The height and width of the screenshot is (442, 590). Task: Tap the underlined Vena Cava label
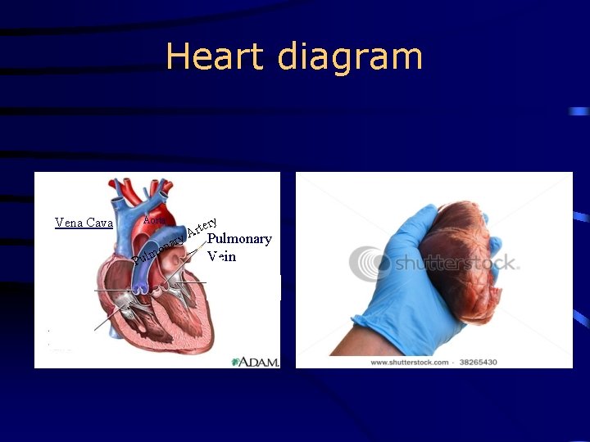pos(84,223)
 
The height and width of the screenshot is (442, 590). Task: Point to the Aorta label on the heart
pos(154,219)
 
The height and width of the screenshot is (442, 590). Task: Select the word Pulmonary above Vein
pos(239,239)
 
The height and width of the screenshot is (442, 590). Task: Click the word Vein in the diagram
pos(222,256)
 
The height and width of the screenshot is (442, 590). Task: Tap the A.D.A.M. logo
pos(256,361)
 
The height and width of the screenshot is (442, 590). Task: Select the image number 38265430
pos(478,362)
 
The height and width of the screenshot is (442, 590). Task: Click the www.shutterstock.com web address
pos(409,362)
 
